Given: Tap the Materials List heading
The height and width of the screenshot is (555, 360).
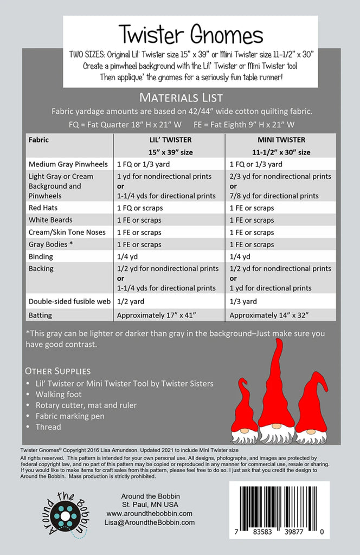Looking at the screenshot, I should click(181, 98).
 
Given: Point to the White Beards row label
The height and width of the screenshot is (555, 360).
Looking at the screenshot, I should click(50, 220).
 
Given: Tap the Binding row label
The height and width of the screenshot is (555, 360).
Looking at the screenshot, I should click(41, 257).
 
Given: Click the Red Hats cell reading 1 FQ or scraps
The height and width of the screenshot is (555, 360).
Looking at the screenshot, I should click(139, 208).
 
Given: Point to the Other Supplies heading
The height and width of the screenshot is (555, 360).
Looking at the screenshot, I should click(58, 371).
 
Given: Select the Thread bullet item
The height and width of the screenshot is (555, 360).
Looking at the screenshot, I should click(48, 427).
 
